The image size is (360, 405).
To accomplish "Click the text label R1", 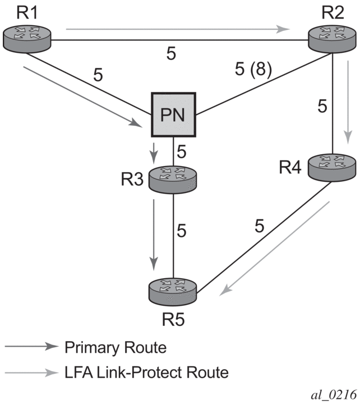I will click(x=18, y=11).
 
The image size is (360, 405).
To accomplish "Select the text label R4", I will click(x=291, y=167).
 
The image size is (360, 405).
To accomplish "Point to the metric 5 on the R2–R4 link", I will click(x=321, y=105).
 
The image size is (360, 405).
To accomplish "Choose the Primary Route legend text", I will click(x=116, y=347).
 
